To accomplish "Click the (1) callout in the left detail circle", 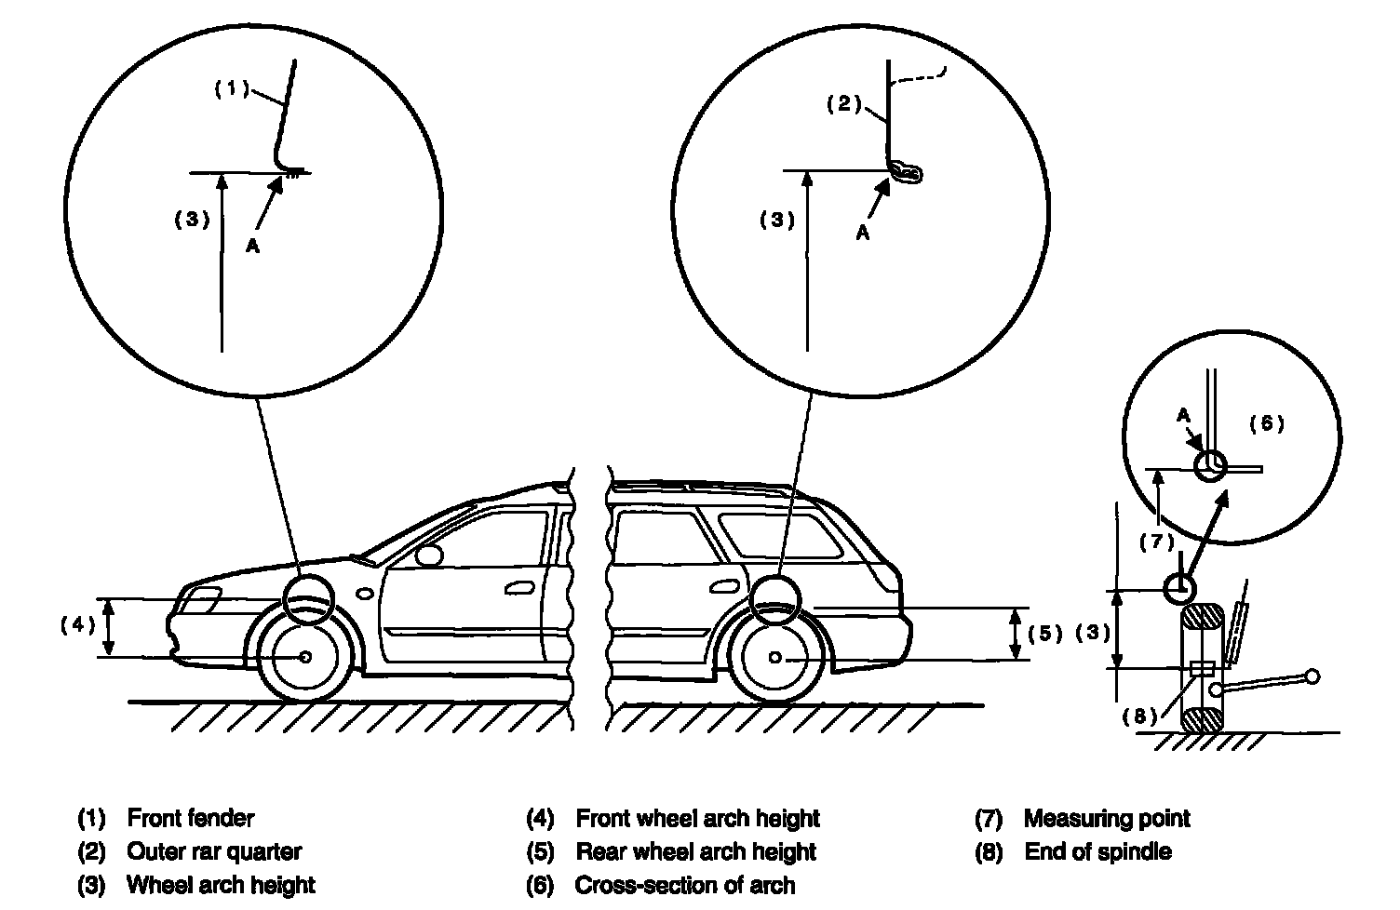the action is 232,88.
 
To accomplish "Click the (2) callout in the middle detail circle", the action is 844,103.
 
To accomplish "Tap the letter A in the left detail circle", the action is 252,246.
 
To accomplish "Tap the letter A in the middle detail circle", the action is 863,233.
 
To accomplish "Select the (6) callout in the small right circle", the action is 1266,423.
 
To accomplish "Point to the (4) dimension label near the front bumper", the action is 77,624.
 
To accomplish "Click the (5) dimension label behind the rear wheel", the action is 1045,634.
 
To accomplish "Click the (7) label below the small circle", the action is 1157,542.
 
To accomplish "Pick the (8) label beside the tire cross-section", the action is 1139,716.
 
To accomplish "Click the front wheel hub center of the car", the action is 305,657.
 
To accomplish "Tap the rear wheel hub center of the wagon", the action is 775,657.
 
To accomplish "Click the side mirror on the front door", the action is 429,555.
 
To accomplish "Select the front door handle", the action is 519,588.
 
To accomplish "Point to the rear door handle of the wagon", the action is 724,586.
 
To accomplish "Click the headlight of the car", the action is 199,600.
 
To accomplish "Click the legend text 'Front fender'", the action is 191,818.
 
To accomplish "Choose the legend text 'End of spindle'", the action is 1098,851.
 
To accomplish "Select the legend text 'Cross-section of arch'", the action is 685,885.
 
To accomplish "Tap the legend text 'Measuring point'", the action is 1107,818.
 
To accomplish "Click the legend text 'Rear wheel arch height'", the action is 696,851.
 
